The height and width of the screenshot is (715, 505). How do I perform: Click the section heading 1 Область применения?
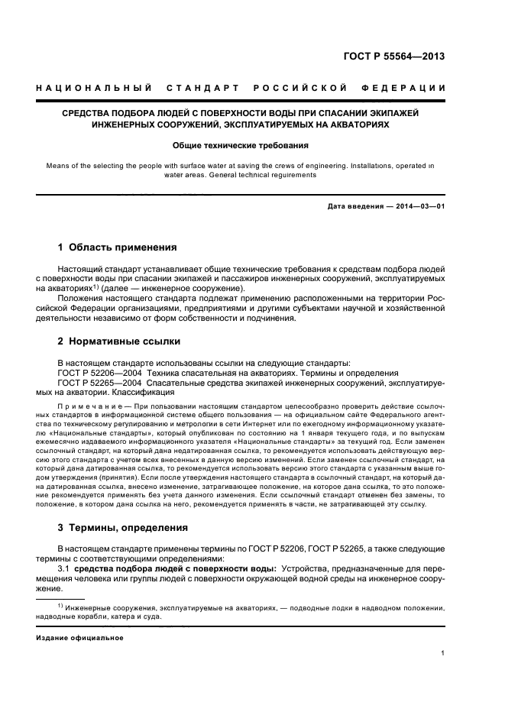tap(118, 247)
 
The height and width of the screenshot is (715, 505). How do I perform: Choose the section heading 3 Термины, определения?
tap(123, 527)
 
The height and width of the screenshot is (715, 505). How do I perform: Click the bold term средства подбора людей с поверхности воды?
tap(173, 569)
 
